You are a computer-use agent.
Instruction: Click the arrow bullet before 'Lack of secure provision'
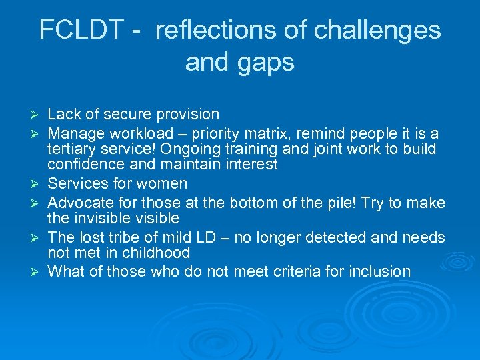coord(36,115)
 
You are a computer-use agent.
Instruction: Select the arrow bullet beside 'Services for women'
coord(36,184)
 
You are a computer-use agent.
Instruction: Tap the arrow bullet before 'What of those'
coord(36,272)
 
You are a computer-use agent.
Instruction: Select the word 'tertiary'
coord(71,149)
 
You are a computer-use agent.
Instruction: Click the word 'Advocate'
coord(78,201)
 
